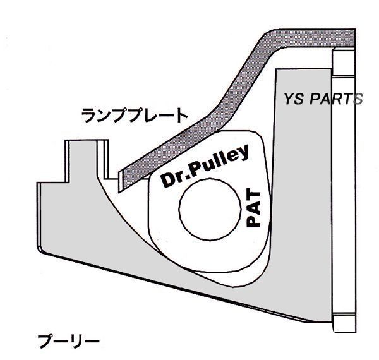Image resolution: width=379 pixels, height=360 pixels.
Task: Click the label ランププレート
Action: pos(135,116)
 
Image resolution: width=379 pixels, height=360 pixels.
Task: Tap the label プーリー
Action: pos(69,342)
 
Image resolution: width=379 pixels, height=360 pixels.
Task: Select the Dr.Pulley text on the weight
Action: pos(204,167)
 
